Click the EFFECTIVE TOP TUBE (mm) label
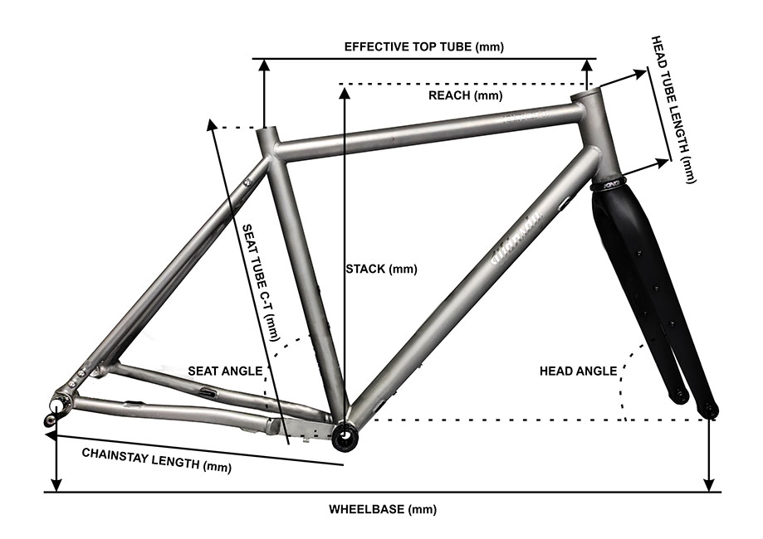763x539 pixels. point(424,46)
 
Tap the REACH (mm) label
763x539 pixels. point(466,95)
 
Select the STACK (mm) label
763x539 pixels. point(381,269)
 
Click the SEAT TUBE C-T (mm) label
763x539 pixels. point(258,282)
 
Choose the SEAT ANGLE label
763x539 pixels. point(224,371)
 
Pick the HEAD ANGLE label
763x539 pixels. point(578,371)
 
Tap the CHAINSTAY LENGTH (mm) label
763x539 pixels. point(155,459)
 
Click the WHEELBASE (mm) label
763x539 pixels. point(383,509)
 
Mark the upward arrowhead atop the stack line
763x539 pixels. point(344,90)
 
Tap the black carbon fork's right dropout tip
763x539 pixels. point(711,410)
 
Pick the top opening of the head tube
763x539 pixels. point(588,97)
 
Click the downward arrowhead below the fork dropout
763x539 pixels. point(709,484)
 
